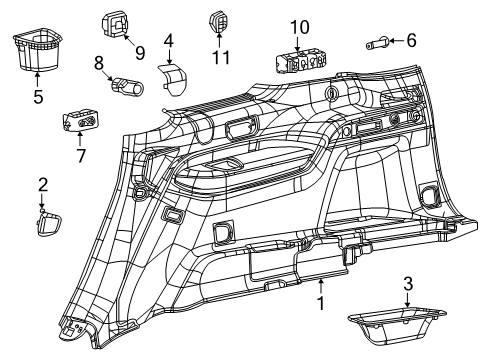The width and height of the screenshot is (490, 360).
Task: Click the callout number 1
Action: [x=320, y=301]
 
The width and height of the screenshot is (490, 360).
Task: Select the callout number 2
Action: [x=42, y=184]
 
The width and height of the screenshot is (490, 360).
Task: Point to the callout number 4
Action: [x=169, y=42]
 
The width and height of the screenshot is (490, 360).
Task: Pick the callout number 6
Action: [x=410, y=40]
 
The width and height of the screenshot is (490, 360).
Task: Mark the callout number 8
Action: [x=99, y=62]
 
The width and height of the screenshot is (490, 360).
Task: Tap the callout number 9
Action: [x=140, y=50]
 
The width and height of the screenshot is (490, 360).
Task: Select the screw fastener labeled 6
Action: [x=380, y=42]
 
